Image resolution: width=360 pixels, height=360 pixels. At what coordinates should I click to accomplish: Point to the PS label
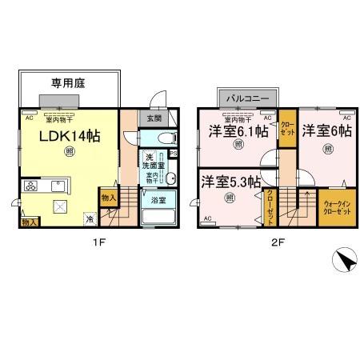(172, 154)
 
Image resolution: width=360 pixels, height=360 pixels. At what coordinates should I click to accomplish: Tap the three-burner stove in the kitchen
(30, 186)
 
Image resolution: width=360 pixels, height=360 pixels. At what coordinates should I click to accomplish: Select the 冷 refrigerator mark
(90, 218)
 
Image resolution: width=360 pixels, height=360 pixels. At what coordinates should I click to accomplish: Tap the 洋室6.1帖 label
(238, 131)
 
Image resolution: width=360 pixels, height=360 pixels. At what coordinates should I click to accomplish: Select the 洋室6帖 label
(326, 131)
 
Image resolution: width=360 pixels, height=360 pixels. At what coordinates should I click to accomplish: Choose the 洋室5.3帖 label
(230, 182)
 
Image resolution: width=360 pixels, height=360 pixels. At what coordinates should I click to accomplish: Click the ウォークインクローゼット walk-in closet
(338, 207)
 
